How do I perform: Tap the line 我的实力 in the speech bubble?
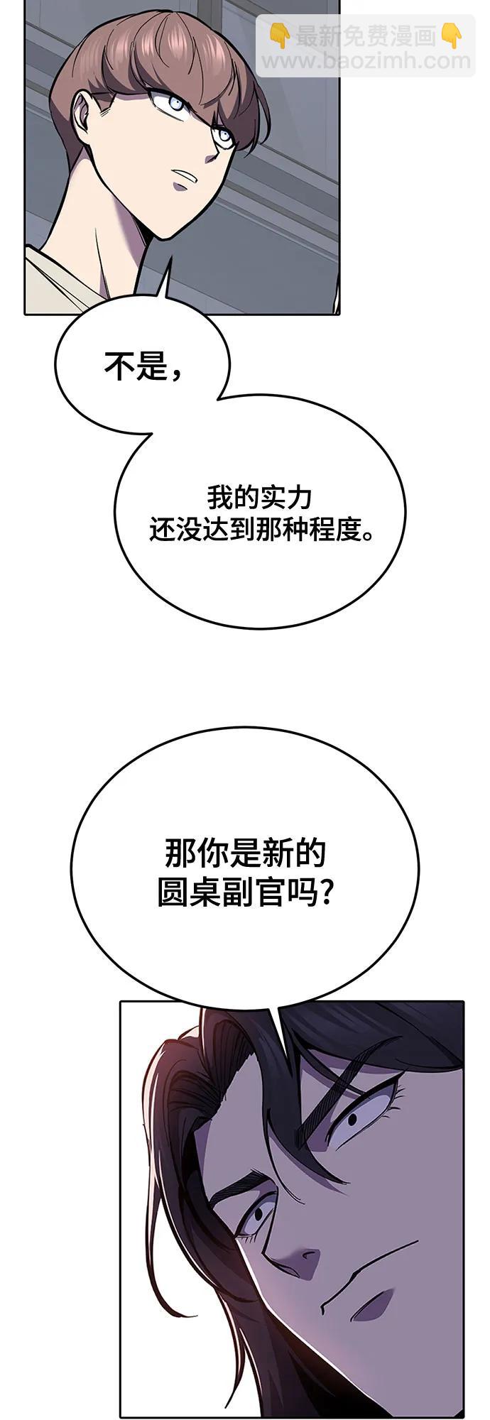[260, 497]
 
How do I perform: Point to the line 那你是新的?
[245, 853]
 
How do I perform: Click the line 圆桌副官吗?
[245, 892]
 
